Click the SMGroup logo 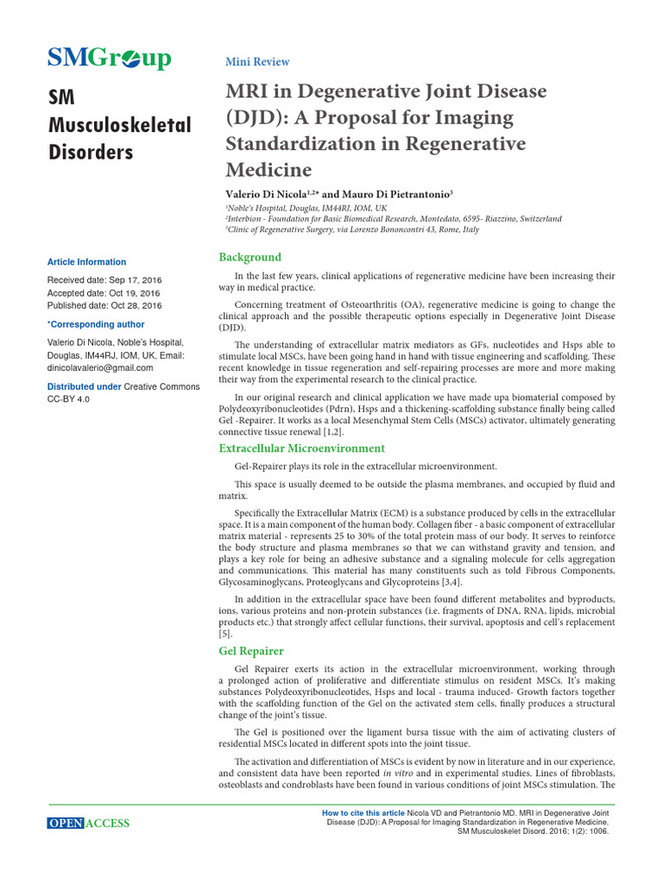pyautogui.click(x=109, y=59)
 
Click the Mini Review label pyautogui.click(x=256, y=62)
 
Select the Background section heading pyautogui.click(x=249, y=257)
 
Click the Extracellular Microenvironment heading pyautogui.click(x=301, y=448)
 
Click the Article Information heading pyautogui.click(x=86, y=262)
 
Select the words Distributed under pyautogui.click(x=84, y=386)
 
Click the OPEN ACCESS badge pyautogui.click(x=88, y=824)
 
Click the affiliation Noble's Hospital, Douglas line pyautogui.click(x=306, y=209)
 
